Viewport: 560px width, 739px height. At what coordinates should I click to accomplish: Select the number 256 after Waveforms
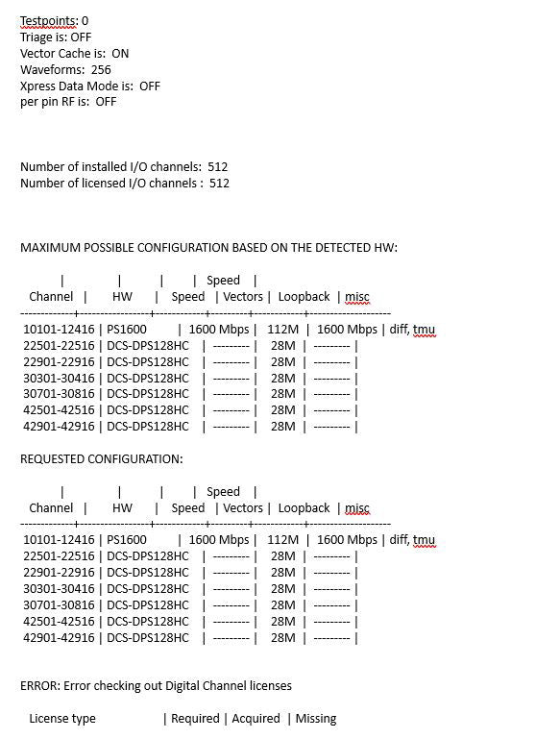(x=101, y=69)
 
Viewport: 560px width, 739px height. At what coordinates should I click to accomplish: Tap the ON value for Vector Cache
(x=120, y=53)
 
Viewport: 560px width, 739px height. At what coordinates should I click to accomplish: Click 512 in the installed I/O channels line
(x=217, y=167)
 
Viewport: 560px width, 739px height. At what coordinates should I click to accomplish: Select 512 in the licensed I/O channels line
(x=218, y=184)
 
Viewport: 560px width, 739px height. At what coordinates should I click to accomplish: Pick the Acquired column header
(x=256, y=719)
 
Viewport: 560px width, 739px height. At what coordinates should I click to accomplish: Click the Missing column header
(x=316, y=719)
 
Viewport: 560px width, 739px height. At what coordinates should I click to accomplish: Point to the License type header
(x=62, y=719)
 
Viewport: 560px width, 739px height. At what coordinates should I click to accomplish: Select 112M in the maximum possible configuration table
(x=283, y=330)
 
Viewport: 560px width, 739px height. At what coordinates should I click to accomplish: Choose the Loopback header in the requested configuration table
(x=304, y=508)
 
